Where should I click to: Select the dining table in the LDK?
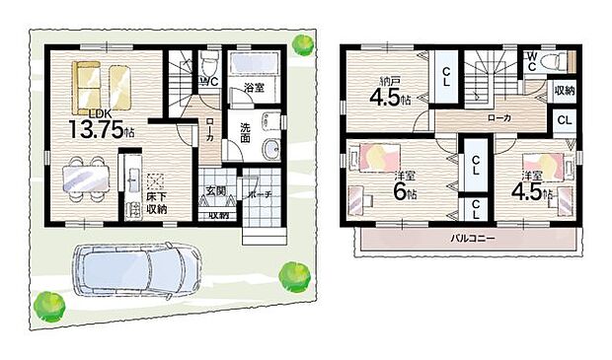[85, 179]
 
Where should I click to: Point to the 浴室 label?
[254, 88]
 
